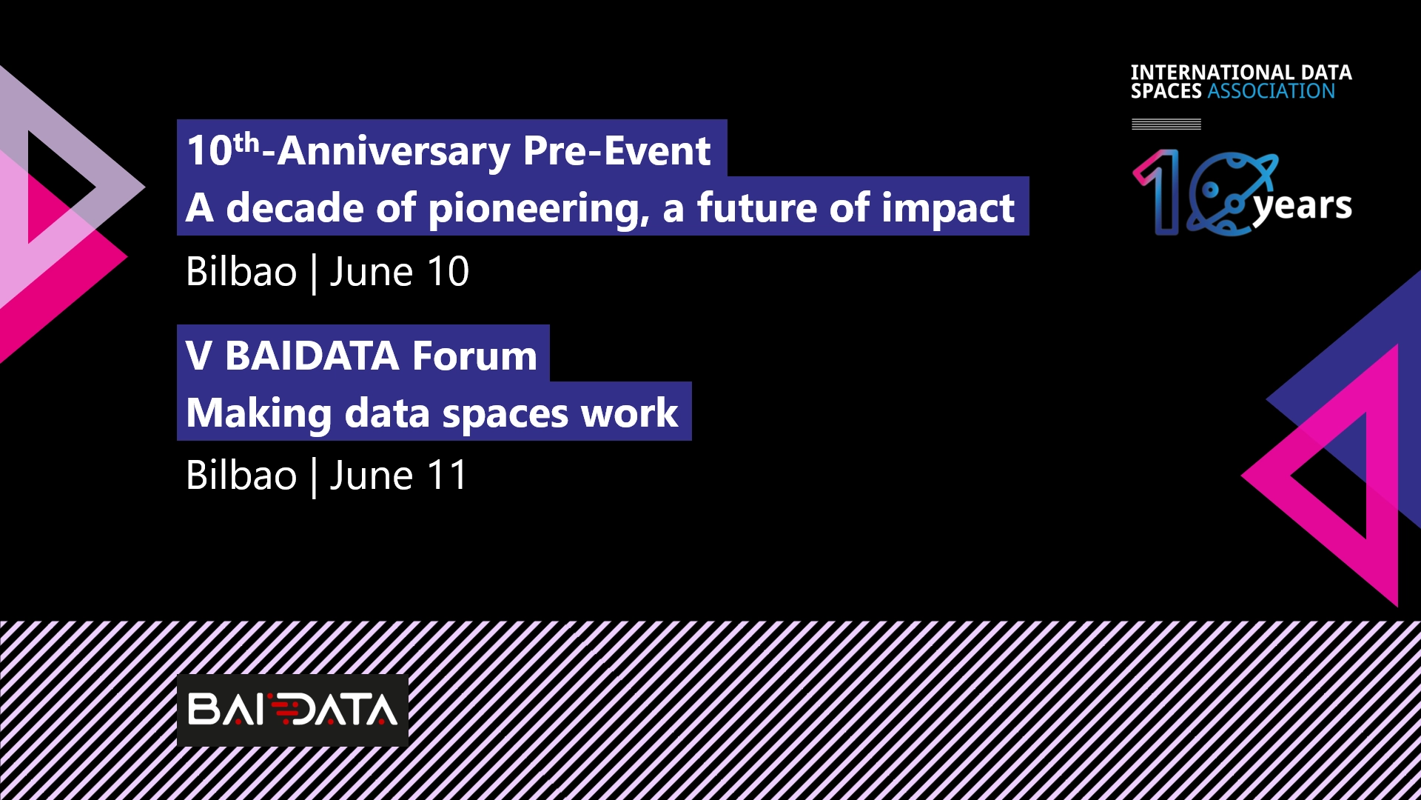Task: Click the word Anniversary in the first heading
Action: tap(394, 151)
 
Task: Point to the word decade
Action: tap(295, 207)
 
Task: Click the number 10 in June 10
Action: tap(448, 272)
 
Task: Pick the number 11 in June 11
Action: tap(446, 476)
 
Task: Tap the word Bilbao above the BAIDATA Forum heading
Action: tap(241, 272)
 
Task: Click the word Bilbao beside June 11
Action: tap(241, 476)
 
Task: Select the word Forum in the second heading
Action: tap(474, 356)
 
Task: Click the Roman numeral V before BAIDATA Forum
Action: tap(199, 356)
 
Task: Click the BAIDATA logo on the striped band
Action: tap(292, 710)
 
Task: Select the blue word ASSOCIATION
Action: tap(1271, 91)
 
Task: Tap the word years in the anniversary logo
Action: tap(1303, 207)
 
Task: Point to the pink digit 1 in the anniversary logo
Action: tap(1158, 192)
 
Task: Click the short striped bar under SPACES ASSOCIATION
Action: tap(1166, 124)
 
